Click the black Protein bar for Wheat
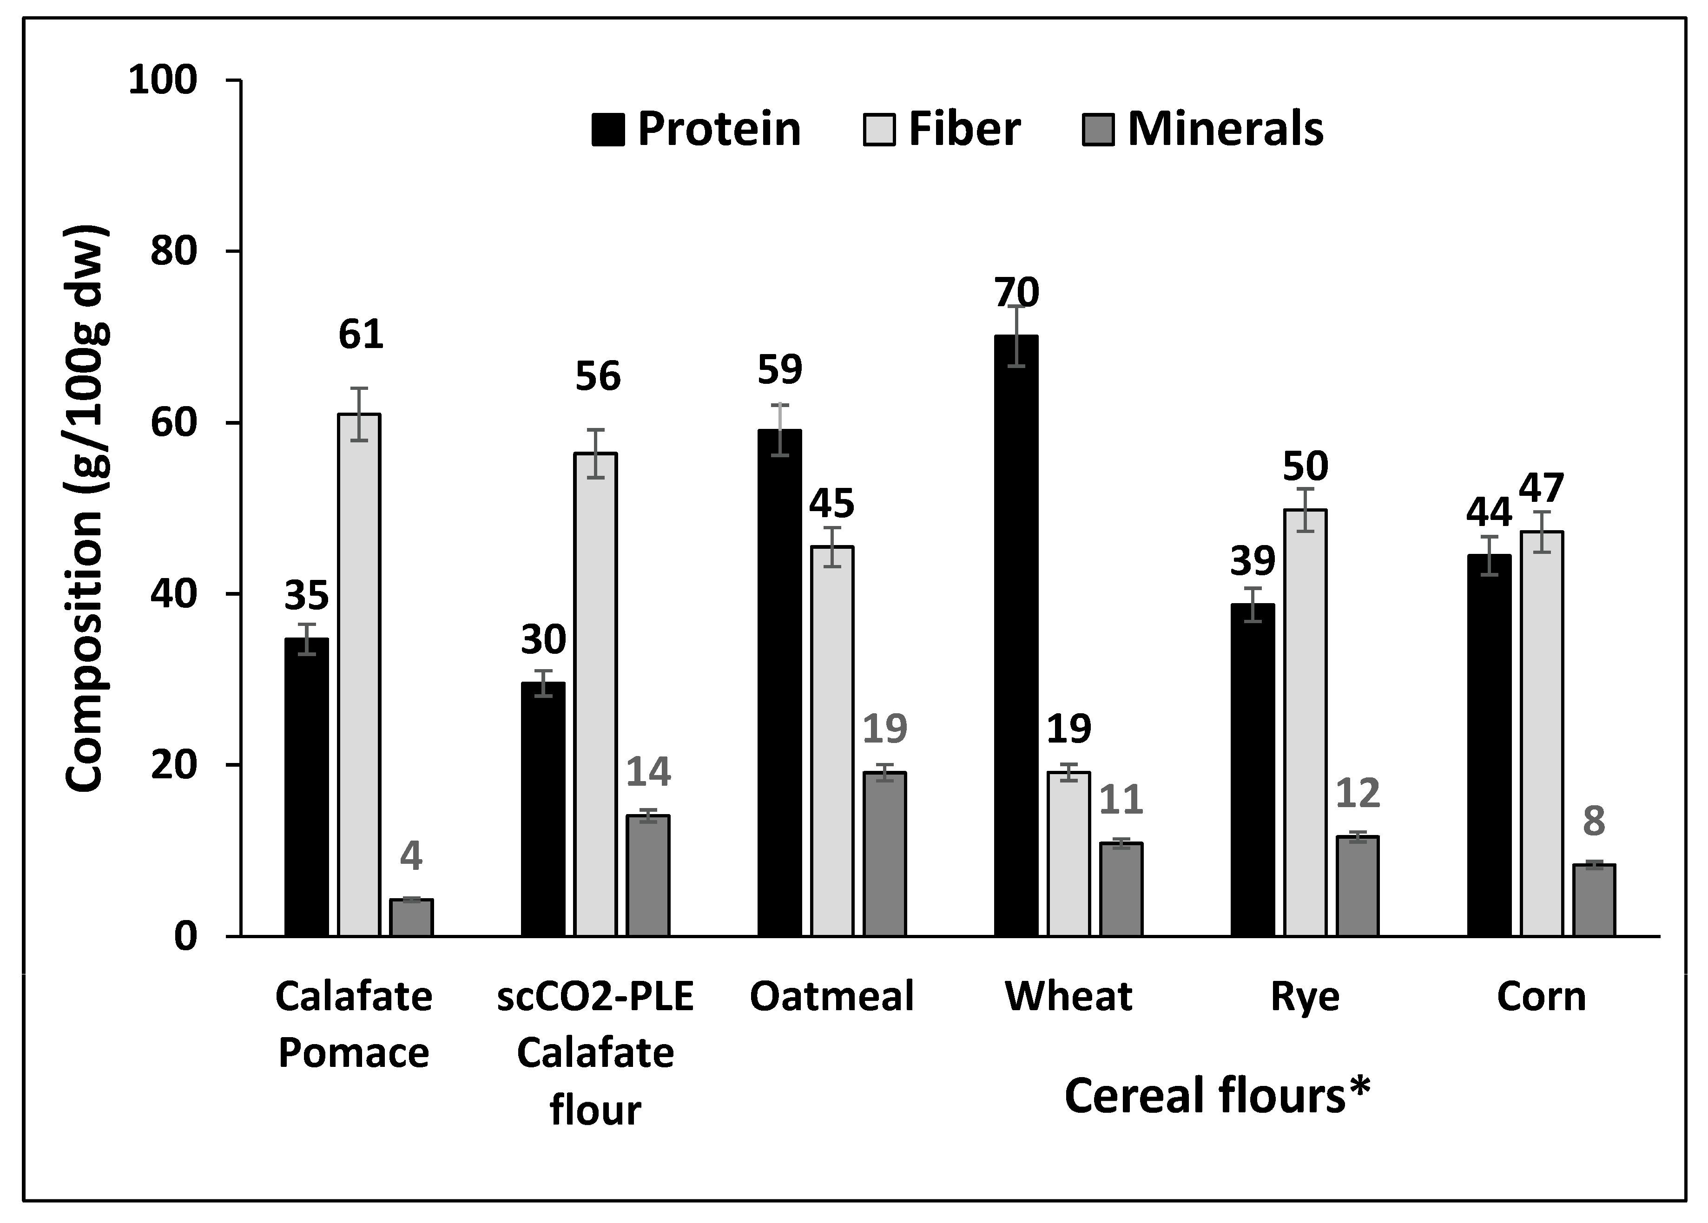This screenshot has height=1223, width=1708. pos(1016,636)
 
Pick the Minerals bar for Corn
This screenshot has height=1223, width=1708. pos(1594,900)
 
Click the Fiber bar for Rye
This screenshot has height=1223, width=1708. pos(1305,723)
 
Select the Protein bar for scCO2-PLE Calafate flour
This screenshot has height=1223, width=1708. pos(543,809)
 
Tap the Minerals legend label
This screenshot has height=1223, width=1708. pos(1225,129)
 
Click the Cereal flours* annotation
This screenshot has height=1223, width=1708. pos(1217,1096)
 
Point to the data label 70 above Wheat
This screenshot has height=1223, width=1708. pos(1017,292)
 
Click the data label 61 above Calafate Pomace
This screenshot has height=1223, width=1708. pos(360,335)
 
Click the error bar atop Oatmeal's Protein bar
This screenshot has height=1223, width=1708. pos(779,430)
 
